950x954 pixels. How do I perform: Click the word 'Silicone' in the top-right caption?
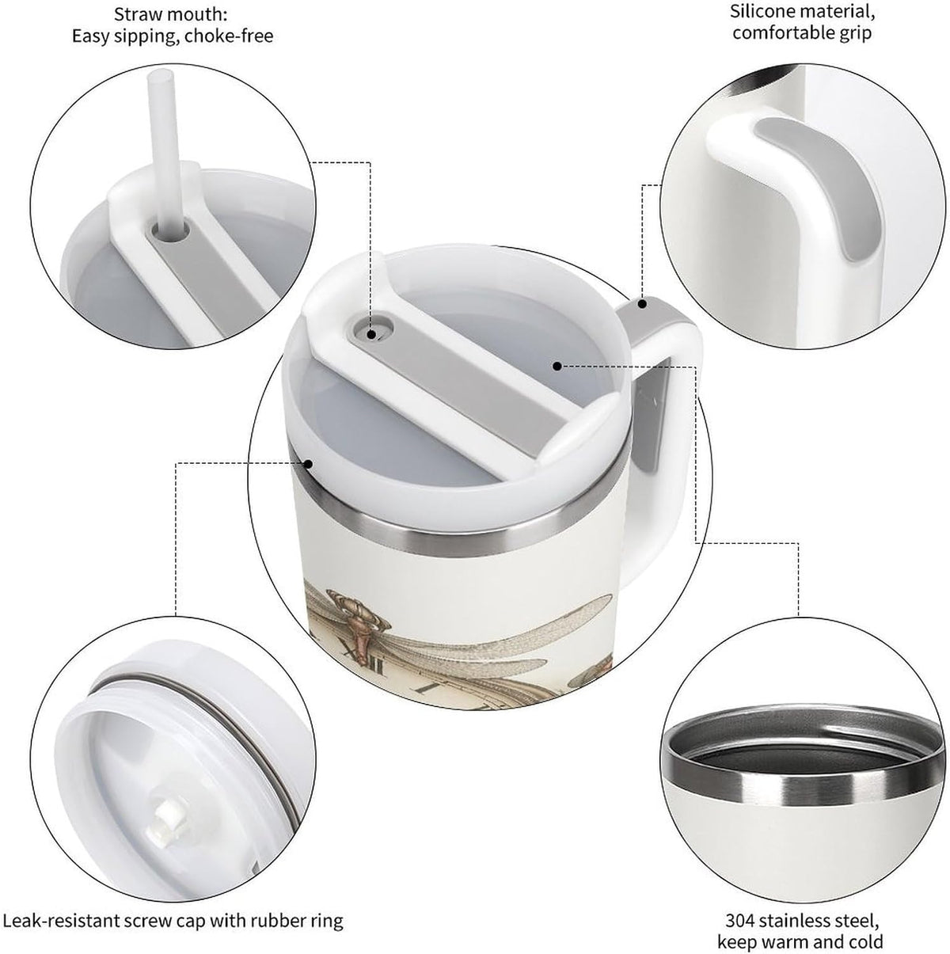coord(762,11)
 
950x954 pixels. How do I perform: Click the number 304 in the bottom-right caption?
coord(740,907)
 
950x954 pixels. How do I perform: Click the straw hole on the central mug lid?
coord(373,329)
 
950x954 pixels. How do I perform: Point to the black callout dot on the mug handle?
coord(643,303)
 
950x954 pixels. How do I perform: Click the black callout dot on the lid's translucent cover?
coord(557,366)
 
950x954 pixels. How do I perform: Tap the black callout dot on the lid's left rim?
coord(309,464)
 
